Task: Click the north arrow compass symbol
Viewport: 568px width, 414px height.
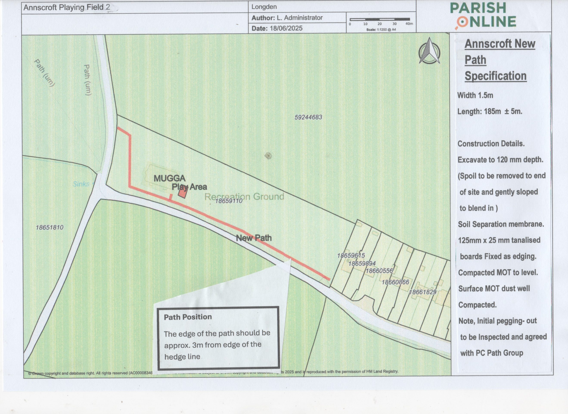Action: [x=429, y=51]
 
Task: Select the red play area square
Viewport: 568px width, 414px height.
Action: [x=183, y=192]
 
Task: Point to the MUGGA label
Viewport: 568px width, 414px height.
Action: [x=169, y=178]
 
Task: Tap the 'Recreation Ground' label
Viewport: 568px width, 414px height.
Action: [x=244, y=196]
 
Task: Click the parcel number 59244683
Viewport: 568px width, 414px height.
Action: [x=308, y=117]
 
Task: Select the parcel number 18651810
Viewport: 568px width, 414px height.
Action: [x=50, y=227]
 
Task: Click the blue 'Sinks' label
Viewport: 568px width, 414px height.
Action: [x=81, y=184]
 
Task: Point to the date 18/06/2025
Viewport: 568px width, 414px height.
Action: [x=286, y=28]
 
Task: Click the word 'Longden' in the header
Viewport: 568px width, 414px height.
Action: [x=264, y=7]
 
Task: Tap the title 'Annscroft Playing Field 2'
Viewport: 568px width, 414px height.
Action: [x=67, y=7]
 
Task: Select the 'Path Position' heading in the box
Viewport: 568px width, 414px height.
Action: [x=188, y=317]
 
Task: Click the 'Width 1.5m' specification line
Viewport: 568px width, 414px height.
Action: [x=475, y=95]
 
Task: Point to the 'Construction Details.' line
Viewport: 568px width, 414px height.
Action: [x=491, y=144]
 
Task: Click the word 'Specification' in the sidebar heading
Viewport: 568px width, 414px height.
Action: [x=495, y=76]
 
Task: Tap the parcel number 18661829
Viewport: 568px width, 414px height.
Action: [x=422, y=292]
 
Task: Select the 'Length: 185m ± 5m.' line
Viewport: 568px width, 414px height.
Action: [x=490, y=111]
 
